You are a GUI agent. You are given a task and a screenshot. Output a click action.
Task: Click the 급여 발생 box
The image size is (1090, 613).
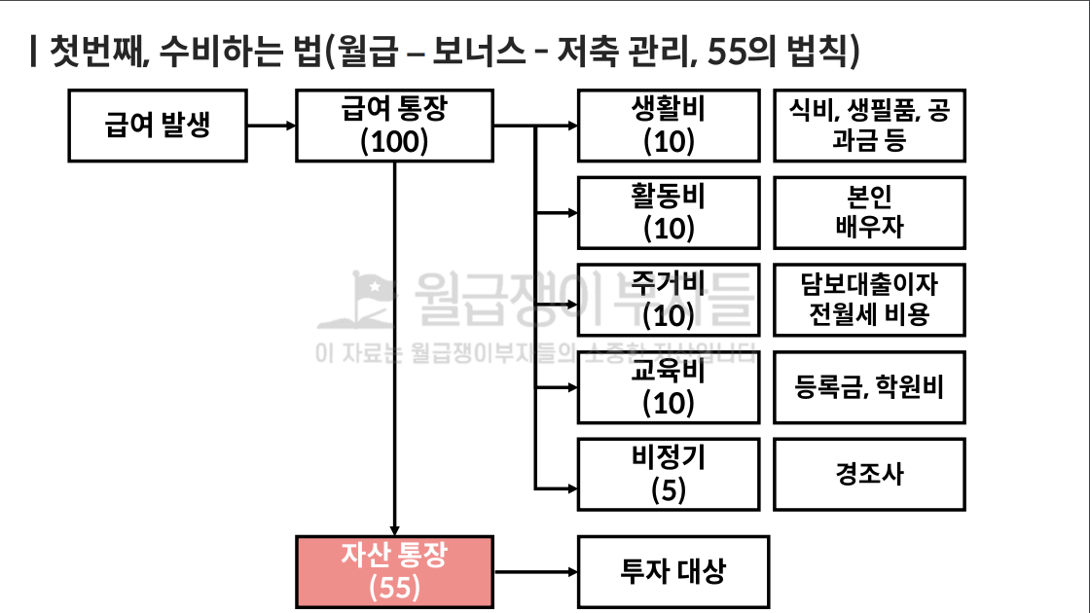point(158,126)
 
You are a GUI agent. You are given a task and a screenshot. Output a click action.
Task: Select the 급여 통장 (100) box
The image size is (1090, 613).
point(394,126)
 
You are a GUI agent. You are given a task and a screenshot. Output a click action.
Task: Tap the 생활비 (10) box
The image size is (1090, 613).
point(669,126)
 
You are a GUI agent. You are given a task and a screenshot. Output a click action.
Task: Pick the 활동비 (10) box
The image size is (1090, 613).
point(669,212)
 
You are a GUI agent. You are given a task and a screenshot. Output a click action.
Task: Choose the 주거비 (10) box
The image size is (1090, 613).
point(669,300)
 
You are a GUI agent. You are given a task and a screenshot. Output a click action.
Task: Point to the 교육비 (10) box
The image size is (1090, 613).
point(669,387)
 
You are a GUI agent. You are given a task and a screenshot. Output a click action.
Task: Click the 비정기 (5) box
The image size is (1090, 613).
point(669,474)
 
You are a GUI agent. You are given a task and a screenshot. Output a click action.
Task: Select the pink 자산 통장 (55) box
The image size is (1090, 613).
point(394,571)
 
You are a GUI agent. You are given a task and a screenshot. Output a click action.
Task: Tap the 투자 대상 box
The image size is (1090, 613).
point(673,571)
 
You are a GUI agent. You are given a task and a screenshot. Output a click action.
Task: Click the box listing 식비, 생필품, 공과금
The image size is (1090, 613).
point(869,126)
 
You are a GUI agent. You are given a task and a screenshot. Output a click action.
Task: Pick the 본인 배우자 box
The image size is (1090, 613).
point(869,212)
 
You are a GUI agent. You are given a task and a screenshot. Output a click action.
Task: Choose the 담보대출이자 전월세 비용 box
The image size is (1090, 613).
point(869,300)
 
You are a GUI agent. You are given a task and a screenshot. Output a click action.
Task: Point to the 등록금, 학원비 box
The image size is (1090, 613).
point(869,387)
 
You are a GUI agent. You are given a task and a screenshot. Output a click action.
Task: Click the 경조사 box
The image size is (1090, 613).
point(869,474)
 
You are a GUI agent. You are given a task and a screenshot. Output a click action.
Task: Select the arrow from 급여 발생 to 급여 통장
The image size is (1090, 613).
point(272,126)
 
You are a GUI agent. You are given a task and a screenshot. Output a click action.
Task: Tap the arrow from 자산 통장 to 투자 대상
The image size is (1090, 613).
point(535,571)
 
